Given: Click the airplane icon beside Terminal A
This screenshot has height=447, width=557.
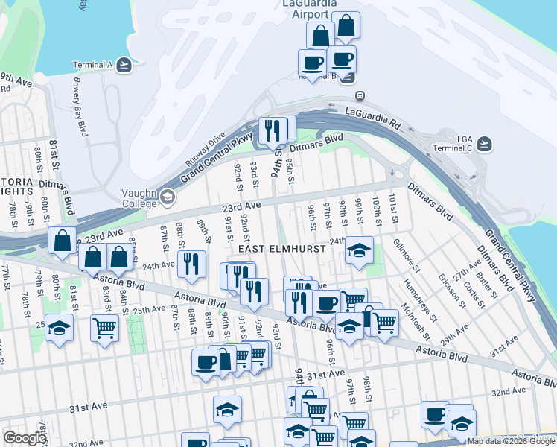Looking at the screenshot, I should click(x=124, y=65).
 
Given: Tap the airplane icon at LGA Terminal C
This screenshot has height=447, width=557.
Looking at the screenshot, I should click(x=486, y=142).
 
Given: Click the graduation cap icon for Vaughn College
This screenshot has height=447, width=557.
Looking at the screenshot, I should click(x=167, y=198).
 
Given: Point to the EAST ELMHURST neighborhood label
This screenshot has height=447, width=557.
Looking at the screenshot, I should click(x=281, y=248).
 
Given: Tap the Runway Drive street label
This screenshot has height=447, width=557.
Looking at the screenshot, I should click(x=205, y=150).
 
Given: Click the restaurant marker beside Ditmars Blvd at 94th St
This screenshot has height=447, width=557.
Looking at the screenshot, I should click(x=273, y=130).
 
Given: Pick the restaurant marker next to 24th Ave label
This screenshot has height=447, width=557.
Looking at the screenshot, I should click(x=191, y=264).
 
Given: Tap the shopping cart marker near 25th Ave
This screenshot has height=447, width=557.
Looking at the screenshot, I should click(x=105, y=327).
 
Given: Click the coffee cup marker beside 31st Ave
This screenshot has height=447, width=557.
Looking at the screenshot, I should click(x=206, y=363).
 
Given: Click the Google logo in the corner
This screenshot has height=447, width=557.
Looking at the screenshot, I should click(x=25, y=438).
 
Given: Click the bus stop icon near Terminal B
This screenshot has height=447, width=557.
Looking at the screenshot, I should click(x=360, y=95).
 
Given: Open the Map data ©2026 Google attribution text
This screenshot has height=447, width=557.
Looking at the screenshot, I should click(x=511, y=441).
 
